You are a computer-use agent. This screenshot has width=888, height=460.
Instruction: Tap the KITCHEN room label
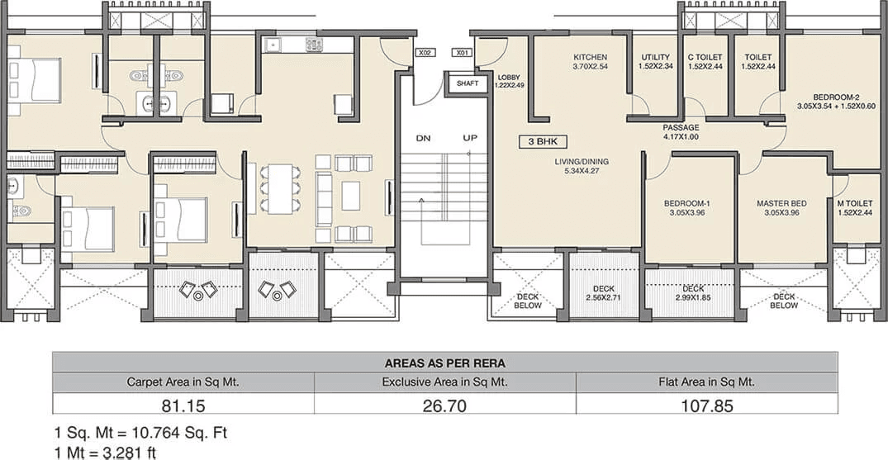(591, 58)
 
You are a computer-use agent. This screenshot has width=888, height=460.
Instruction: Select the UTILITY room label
(656, 58)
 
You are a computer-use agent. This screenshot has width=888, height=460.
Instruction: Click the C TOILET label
(705, 58)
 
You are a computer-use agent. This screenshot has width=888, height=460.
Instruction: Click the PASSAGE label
(681, 128)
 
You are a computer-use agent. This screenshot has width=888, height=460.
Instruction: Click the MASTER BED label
(781, 203)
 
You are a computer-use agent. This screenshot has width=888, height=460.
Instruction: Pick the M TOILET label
(855, 203)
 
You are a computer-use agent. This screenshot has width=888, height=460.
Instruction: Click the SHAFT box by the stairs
(467, 83)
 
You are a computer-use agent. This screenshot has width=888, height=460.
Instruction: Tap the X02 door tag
(425, 53)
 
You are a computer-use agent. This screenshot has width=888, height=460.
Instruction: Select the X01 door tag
(463, 53)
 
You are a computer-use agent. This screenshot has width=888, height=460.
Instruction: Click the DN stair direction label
(423, 138)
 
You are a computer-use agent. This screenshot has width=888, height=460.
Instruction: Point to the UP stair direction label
(470, 138)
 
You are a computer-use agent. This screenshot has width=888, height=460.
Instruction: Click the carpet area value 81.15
(183, 405)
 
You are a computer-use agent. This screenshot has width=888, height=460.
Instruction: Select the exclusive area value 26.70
(444, 405)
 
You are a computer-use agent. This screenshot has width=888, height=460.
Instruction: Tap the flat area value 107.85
(706, 405)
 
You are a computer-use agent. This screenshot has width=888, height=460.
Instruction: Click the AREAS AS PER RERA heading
(444, 363)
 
